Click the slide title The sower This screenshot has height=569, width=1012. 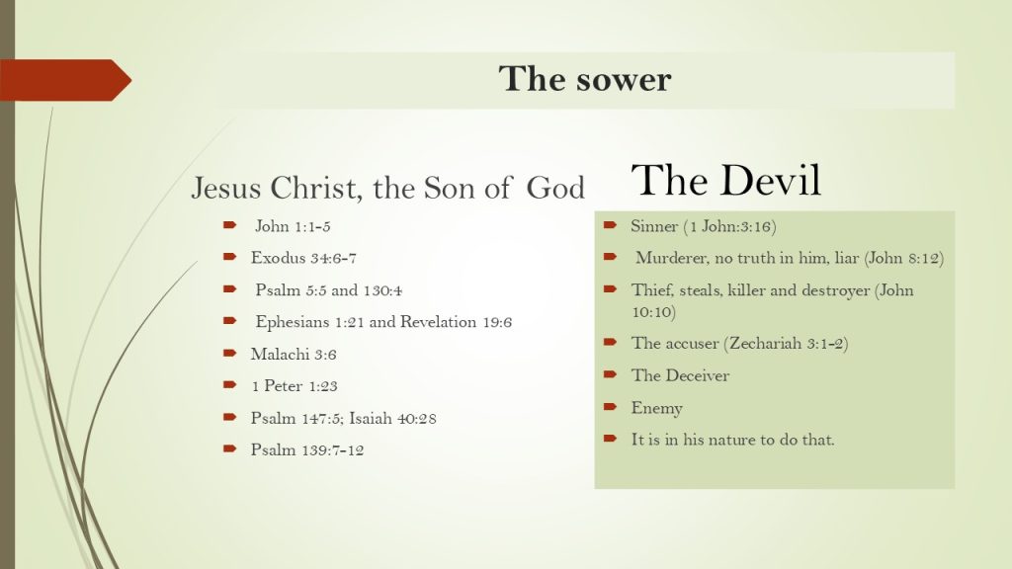pyautogui.click(x=585, y=79)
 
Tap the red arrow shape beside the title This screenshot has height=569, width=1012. pyautogui.click(x=65, y=80)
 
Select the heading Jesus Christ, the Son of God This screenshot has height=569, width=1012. pyautogui.click(x=387, y=189)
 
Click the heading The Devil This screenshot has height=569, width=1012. pyautogui.click(x=726, y=180)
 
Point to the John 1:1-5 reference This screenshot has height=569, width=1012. pyautogui.click(x=293, y=226)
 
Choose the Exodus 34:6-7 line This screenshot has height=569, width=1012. pyautogui.click(x=303, y=258)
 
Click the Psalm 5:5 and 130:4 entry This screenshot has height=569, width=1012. pyautogui.click(x=328, y=290)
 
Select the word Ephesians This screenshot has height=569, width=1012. pyautogui.click(x=293, y=322)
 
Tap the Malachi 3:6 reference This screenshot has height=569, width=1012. pyautogui.click(x=294, y=355)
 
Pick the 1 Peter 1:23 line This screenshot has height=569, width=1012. pyautogui.click(x=295, y=386)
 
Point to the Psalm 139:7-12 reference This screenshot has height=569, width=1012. pyautogui.click(x=307, y=449)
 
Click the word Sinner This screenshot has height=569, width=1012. pyautogui.click(x=654, y=226)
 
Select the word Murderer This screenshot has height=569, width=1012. pyautogui.click(x=671, y=258)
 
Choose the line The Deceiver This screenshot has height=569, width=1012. pyautogui.click(x=680, y=375)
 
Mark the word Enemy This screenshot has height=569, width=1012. pyautogui.click(x=656, y=408)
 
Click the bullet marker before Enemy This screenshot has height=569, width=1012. pyautogui.click(x=611, y=406)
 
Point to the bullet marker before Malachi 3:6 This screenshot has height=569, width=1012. pyautogui.click(x=229, y=353)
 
